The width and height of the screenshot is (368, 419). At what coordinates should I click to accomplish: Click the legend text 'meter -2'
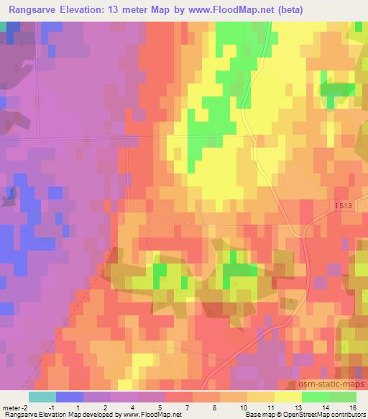(x=16, y=407)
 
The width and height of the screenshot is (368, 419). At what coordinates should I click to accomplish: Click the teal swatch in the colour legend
(x=42, y=397)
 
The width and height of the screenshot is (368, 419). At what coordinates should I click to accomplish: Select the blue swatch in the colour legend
(x=70, y=397)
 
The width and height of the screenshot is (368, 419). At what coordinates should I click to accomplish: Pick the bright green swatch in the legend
(x=315, y=397)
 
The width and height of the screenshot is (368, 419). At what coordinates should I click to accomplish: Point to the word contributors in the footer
(x=347, y=415)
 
